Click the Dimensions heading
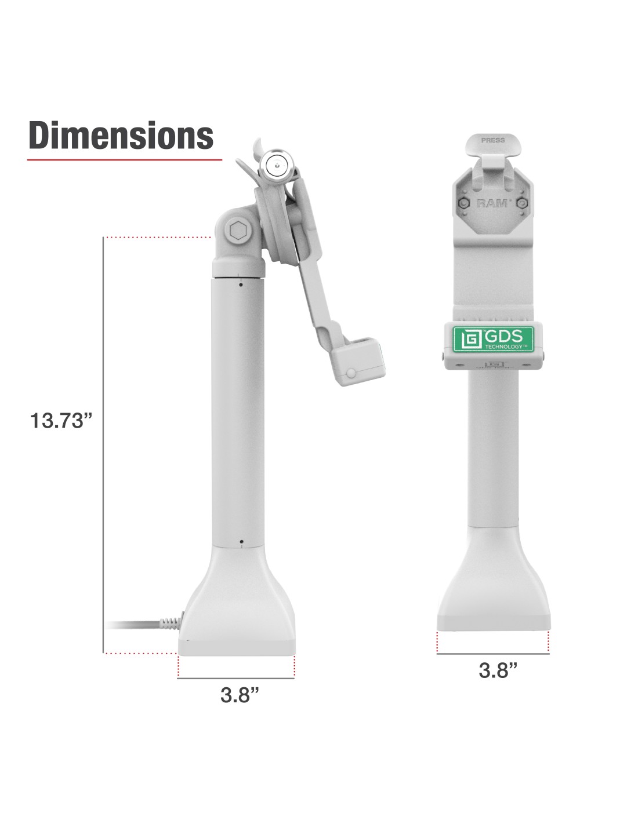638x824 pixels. tap(121, 135)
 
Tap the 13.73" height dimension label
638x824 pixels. tap(61, 421)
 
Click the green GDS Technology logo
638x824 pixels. tap(493, 339)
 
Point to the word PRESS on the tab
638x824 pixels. tap(493, 140)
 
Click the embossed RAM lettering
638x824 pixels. tap(492, 203)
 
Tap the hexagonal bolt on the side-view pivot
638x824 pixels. tap(238, 231)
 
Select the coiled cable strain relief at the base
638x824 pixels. tap(172, 623)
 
